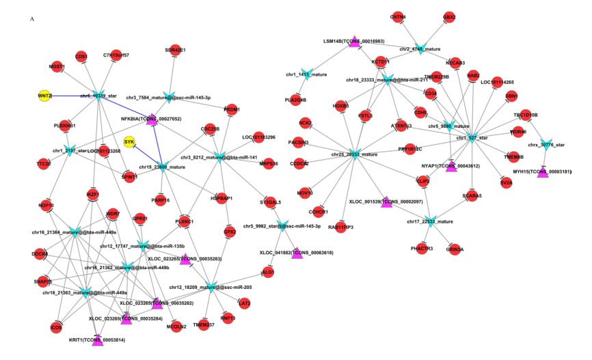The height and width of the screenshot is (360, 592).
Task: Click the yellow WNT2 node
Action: (x=45, y=96)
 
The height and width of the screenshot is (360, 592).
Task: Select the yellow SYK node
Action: (x=129, y=142)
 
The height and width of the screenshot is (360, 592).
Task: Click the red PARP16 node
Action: (x=161, y=199)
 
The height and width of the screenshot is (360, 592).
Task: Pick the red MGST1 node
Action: (x=57, y=67)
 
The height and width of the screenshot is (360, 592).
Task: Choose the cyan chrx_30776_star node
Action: (x=546, y=145)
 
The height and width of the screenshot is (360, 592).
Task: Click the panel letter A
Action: (x=31, y=19)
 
